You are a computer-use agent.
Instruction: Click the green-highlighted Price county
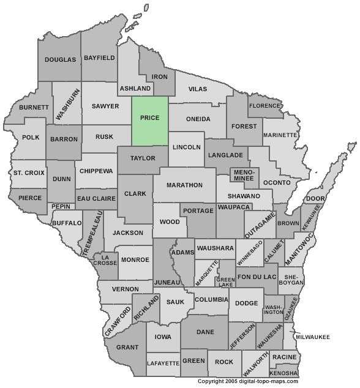(150, 118)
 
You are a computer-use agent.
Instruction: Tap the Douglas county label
(61, 59)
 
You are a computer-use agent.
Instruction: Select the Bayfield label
(99, 58)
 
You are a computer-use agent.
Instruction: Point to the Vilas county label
(198, 89)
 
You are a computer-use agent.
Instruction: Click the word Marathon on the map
(184, 184)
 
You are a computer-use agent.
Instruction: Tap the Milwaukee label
(313, 337)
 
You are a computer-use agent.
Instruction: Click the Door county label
(315, 199)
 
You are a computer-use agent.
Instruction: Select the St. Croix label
(29, 173)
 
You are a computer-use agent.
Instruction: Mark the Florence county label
(264, 106)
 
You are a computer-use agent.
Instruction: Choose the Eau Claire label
(96, 199)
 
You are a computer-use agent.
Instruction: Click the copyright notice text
(247, 381)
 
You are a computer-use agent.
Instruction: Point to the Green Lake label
(226, 282)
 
